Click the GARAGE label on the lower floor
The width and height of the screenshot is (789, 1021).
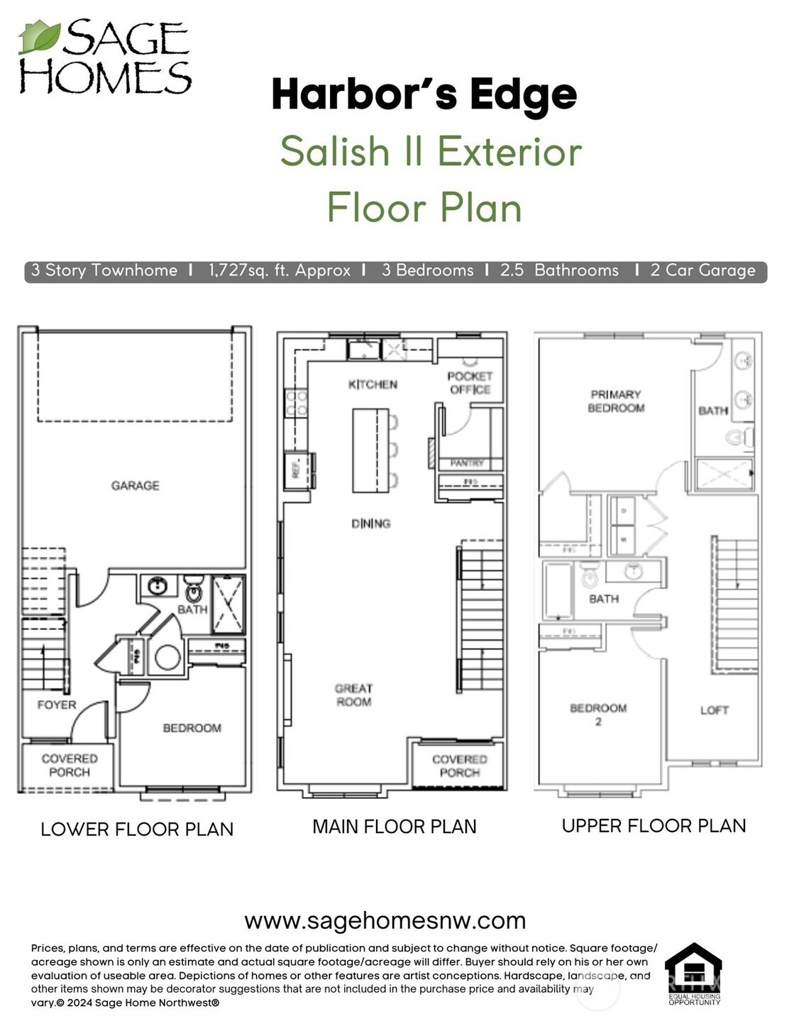pos(135,485)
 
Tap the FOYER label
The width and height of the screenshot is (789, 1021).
pos(57,705)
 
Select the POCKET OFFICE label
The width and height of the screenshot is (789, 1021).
pos(470,382)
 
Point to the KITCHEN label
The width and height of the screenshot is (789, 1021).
pos(373,385)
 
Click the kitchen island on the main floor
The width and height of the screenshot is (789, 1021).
pos(370,450)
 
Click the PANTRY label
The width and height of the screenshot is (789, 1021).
pos(467,463)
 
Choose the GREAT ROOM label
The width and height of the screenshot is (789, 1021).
pos(353,695)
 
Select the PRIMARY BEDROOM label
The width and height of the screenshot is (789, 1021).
pos(616,401)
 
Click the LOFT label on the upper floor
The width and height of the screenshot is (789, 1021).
pos(714,710)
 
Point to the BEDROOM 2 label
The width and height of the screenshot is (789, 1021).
pos(598,714)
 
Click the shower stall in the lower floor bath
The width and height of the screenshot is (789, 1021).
pos(228,604)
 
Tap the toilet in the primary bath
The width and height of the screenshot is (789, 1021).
pos(739,437)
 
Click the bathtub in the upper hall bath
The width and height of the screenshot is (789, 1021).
pos(558,590)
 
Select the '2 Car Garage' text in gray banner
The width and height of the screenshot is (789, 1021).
pos(702,270)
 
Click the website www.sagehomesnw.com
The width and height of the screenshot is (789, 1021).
pos(385,920)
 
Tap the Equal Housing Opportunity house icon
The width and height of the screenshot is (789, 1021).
pos(693,968)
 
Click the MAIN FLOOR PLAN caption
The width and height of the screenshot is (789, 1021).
pos(394,827)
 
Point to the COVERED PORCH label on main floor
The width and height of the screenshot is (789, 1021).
pos(459,766)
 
